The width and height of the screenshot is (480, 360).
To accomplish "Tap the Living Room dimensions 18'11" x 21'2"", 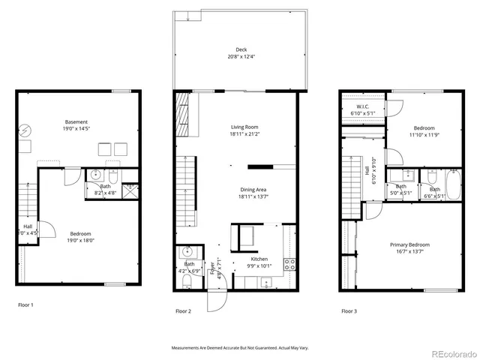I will point(244,135).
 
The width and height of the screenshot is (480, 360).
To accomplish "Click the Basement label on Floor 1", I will point(76,121).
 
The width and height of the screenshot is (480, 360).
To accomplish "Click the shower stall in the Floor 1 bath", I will point(130,190).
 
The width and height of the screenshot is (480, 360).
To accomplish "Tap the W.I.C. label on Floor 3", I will point(362,106).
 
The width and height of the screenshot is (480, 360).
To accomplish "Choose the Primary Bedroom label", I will point(409,244).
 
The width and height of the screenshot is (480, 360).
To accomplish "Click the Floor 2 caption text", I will point(184,310).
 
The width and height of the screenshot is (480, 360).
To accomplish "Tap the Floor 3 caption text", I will point(349,310).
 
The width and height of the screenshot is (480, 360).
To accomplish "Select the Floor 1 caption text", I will point(25,304).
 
